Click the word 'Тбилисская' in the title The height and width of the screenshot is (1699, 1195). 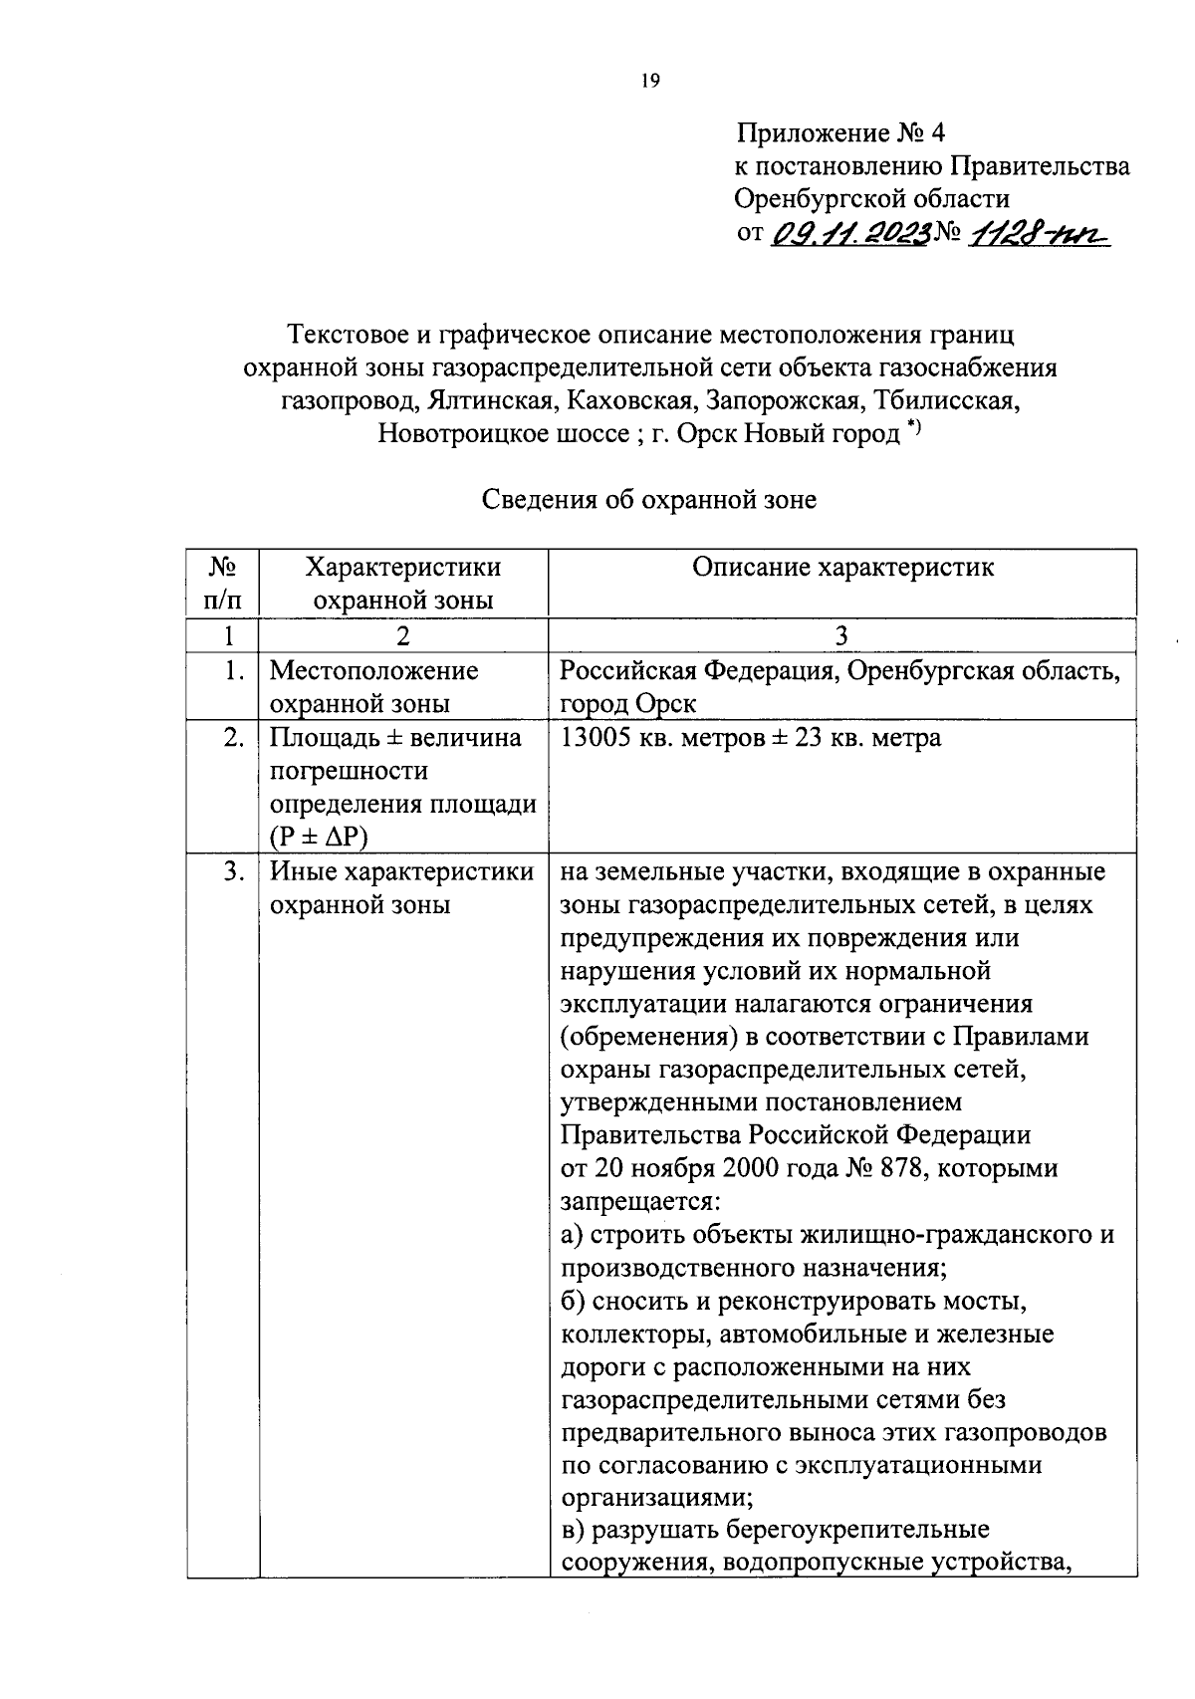pyautogui.click(x=947, y=401)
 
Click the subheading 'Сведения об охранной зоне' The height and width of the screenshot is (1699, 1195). pyautogui.click(x=649, y=499)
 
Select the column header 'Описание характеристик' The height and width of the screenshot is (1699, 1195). pyautogui.click(x=842, y=568)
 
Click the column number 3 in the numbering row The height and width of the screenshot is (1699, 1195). pyautogui.click(x=842, y=635)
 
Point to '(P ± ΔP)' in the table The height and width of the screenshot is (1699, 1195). pyautogui.click(x=319, y=838)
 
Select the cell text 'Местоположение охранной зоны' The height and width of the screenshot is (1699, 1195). pyautogui.click(x=373, y=687)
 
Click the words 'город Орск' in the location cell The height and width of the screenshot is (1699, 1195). pyautogui.click(x=628, y=704)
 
